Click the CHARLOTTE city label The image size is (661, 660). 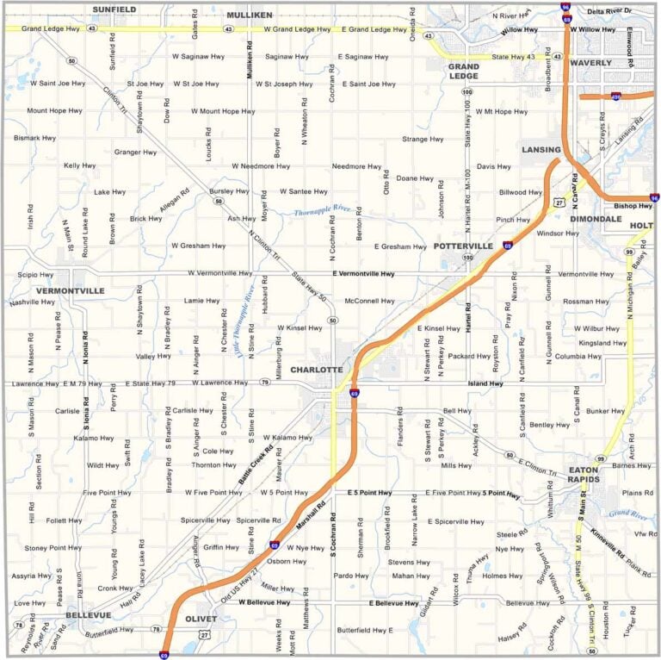click(x=316, y=369)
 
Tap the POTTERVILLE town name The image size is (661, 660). click(x=463, y=246)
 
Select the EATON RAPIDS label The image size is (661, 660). click(x=590, y=475)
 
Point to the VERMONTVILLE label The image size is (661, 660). click(x=70, y=291)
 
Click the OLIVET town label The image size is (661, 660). click(x=201, y=619)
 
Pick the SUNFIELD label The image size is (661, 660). click(x=114, y=9)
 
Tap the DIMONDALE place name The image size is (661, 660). click(x=596, y=219)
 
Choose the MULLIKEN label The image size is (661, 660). click(x=249, y=15)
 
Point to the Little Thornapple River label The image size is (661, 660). click(x=244, y=321)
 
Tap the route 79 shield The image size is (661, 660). click(x=264, y=383)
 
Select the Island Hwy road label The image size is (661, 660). click(x=485, y=383)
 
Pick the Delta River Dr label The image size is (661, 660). click(x=608, y=10)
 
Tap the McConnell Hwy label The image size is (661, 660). click(x=368, y=301)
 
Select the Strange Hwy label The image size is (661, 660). click(x=423, y=139)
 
